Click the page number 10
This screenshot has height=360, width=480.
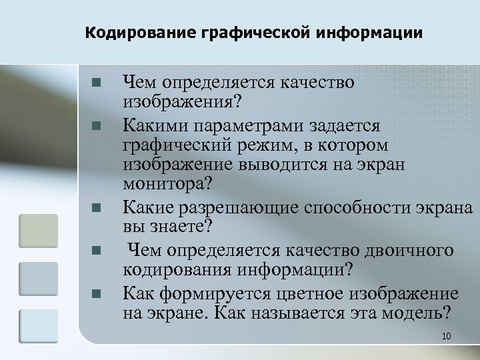pyautogui.click(x=447, y=336)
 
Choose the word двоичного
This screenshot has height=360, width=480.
pyautogui.click(x=410, y=250)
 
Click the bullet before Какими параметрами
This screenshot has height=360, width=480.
pyautogui.click(x=96, y=125)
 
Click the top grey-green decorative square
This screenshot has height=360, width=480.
pyautogui.click(x=38, y=230)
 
